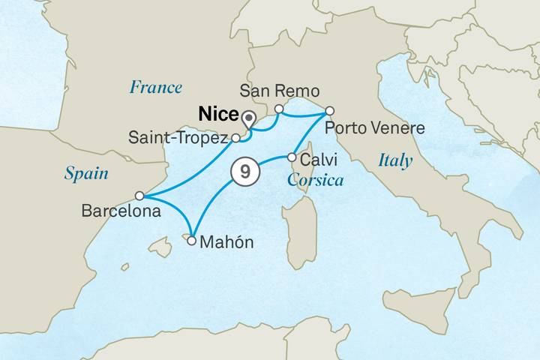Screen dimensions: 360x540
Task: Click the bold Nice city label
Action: pyautogui.click(x=217, y=115)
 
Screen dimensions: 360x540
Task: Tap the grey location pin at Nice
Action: pyautogui.click(x=250, y=118)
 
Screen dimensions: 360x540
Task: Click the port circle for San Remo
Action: pyautogui.click(x=278, y=109)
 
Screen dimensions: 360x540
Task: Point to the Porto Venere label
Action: pyautogui.click(x=375, y=128)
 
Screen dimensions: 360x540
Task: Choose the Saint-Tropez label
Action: pyautogui.click(x=178, y=138)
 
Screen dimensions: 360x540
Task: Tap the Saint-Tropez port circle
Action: pyautogui.click(x=235, y=138)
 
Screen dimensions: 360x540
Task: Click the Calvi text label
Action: pyautogui.click(x=318, y=160)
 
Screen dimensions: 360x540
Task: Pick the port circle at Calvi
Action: pyautogui.click(x=291, y=157)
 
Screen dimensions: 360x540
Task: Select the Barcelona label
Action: pyautogui.click(x=121, y=212)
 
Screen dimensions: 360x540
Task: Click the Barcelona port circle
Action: pyautogui.click(x=139, y=196)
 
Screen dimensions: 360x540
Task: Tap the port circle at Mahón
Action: pyautogui.click(x=192, y=241)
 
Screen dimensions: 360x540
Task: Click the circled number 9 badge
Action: pyautogui.click(x=244, y=172)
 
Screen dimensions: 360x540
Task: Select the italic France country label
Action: pyautogui.click(x=155, y=87)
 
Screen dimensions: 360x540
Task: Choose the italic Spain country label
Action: pyautogui.click(x=85, y=174)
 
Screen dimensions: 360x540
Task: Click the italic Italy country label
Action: pyautogui.click(x=395, y=160)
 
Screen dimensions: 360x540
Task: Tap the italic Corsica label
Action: pyautogui.click(x=315, y=181)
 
